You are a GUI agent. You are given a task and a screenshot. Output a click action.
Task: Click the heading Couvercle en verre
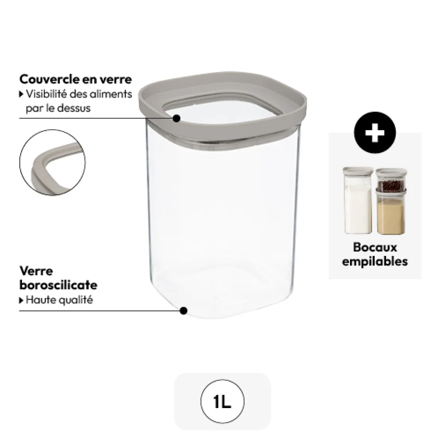click(x=75, y=79)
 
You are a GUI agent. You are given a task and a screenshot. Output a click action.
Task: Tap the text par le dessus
click(x=58, y=108)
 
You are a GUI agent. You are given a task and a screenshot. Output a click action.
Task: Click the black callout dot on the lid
click(x=177, y=118)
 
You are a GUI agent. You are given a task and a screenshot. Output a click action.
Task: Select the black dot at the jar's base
click(x=183, y=311)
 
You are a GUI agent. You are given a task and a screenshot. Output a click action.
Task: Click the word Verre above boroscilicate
click(x=36, y=271)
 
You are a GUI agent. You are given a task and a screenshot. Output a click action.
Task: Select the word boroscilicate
click(x=58, y=285)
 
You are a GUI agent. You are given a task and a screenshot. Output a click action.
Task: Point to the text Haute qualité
click(x=59, y=300)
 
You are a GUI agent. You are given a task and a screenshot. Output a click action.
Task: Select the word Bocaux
click(x=375, y=247)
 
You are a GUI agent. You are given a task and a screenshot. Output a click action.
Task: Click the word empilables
click(x=375, y=261)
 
